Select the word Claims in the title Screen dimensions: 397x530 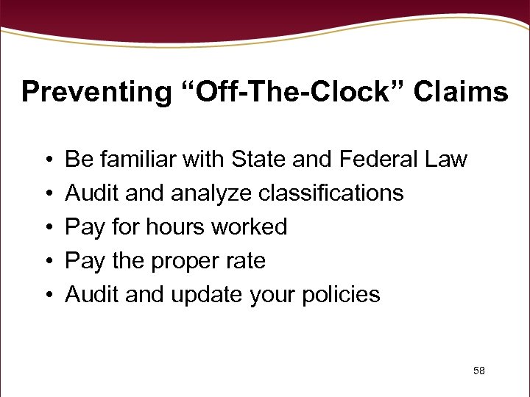pos(460,93)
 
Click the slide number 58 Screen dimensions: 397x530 pos(479,371)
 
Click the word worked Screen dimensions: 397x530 pos(248,226)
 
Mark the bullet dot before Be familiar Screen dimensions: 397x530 pos(46,160)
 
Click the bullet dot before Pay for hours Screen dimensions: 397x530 pos(46,227)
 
